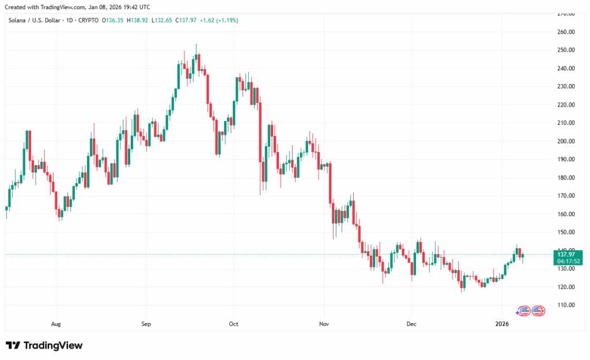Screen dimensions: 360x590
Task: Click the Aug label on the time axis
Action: (x=56, y=324)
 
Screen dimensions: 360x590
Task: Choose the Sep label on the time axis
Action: (x=146, y=324)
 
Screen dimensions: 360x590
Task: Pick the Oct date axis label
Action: (x=234, y=324)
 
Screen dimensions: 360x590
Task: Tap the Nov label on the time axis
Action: (x=324, y=324)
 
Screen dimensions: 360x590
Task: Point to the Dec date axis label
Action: (x=411, y=324)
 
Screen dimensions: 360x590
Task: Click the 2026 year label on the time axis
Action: (x=502, y=324)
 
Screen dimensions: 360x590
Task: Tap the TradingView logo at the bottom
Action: (x=44, y=346)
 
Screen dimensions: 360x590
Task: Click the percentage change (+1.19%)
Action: (x=226, y=20)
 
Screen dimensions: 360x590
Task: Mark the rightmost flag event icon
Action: (x=538, y=311)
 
